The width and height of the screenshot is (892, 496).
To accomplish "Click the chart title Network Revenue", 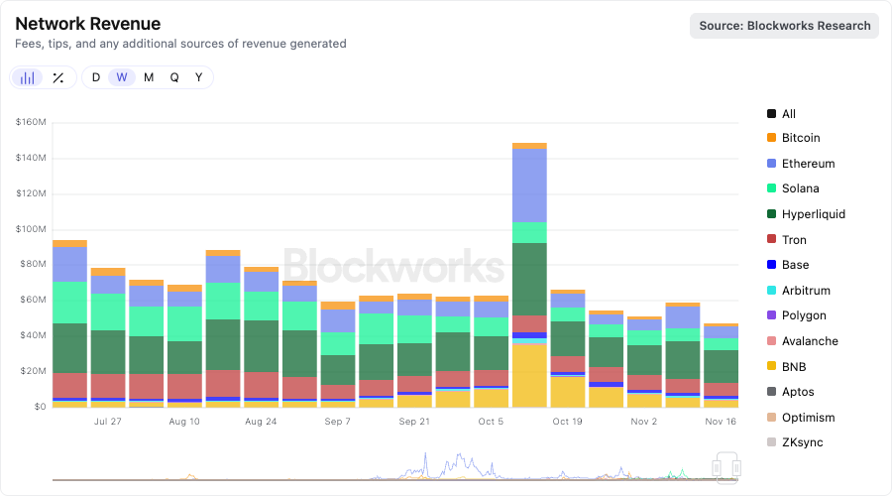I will coord(88,24).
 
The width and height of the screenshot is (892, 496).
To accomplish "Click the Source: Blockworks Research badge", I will coord(784,26).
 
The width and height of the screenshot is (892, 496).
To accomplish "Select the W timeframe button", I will coord(122,77).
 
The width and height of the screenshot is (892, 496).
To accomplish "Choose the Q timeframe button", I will coord(174,77).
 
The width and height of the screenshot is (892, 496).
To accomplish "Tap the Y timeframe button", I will coord(199,77).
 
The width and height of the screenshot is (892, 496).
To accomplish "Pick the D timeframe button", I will coord(96,77).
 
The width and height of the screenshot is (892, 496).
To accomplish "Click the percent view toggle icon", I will coord(58,77).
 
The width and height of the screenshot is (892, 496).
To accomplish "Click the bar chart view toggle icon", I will coord(28,77).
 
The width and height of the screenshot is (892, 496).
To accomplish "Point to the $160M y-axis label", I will coord(31,122).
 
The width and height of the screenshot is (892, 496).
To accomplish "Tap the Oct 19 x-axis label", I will coord(568,421).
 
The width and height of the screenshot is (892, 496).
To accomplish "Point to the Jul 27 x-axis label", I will coord(108,421).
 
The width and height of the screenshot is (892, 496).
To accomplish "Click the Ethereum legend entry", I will coord(808,164).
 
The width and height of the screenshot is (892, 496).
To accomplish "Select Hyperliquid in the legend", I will coord(813,214).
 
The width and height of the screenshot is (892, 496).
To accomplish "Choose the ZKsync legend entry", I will coord(802,442).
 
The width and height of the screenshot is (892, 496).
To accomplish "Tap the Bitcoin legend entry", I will coord(801,138).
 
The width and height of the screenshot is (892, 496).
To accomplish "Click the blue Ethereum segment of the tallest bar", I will coord(529,185).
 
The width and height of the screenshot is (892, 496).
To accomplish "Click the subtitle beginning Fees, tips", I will coord(181,44).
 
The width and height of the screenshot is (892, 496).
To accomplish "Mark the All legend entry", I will coord(788,114).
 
